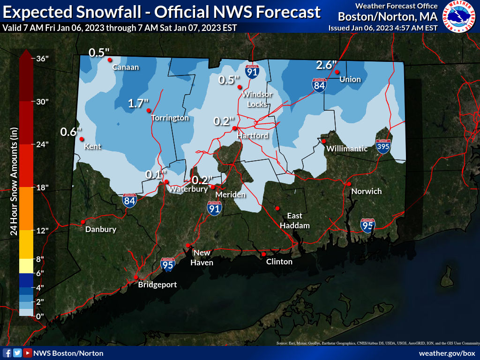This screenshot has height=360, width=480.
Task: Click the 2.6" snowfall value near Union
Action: [326, 65]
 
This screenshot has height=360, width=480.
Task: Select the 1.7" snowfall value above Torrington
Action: [138, 104]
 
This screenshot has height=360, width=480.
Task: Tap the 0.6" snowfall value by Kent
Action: [71, 132]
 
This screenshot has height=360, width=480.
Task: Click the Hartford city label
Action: [253, 135]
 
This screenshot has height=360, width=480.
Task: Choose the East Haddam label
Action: [295, 220]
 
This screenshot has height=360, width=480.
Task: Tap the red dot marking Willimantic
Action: [323, 141]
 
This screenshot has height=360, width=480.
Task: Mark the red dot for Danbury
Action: [83, 222]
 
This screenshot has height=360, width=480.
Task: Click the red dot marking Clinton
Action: [264, 254]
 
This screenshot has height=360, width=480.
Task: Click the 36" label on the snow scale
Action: [43, 59]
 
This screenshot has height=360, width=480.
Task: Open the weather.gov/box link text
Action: [447, 353]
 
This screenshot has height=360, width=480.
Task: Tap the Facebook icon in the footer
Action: [7, 353]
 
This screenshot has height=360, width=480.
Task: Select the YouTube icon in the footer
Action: [28, 353]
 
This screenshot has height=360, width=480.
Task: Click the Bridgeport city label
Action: [157, 285]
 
